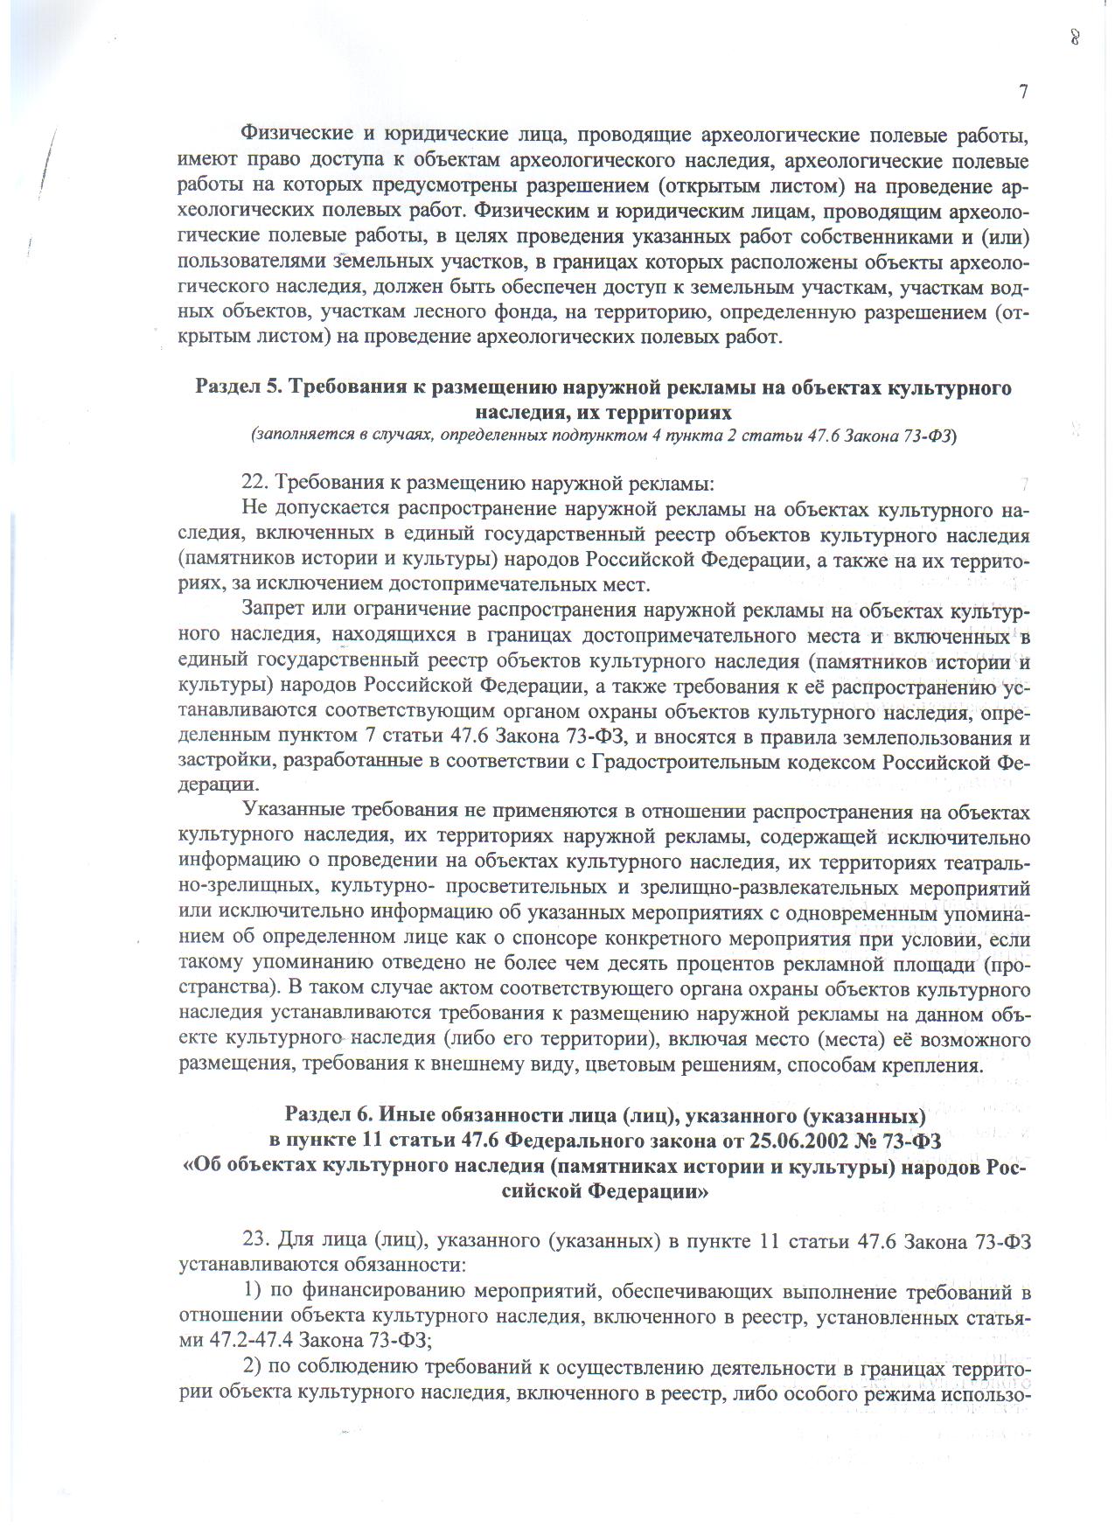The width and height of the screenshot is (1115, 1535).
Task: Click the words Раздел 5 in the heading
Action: point(234,387)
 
